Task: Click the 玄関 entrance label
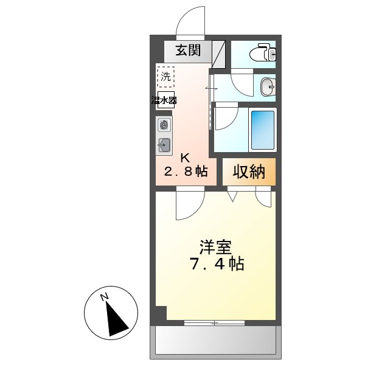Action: click(189, 50)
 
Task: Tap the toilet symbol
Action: click(265, 53)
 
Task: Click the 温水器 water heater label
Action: click(165, 100)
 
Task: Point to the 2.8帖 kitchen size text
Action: click(185, 172)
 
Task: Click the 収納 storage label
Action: click(248, 172)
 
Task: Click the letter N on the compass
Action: click(105, 297)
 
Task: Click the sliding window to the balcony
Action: click(214, 322)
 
